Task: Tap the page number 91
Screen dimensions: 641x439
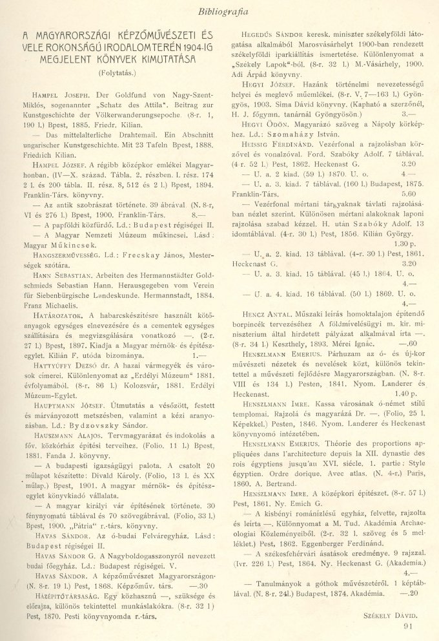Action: [407, 624]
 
